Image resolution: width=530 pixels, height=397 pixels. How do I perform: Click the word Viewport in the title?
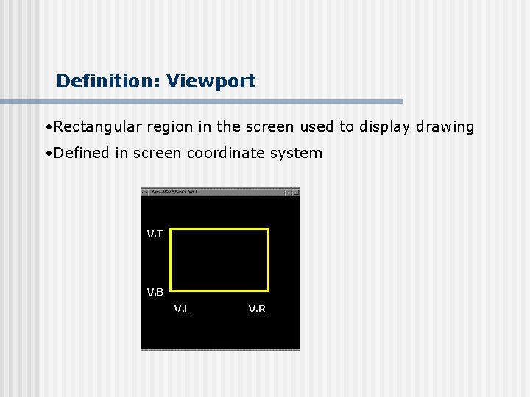click(x=211, y=81)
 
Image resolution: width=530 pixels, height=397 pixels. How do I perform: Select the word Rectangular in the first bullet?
click(x=98, y=126)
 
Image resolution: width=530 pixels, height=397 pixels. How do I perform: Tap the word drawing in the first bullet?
click(x=445, y=126)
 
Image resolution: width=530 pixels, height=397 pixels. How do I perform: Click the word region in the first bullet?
click(x=170, y=126)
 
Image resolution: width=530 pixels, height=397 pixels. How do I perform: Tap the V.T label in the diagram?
click(x=155, y=234)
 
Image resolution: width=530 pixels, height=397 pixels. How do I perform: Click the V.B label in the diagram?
click(x=155, y=292)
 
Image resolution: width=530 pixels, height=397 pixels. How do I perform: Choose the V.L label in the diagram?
click(x=182, y=309)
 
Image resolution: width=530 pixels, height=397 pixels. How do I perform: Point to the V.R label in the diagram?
click(x=257, y=309)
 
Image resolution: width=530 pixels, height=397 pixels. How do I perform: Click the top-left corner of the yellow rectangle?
click(x=171, y=229)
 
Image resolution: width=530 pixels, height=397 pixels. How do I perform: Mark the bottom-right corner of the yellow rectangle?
click(x=268, y=290)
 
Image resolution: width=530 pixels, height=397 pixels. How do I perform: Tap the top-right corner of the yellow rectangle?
click(x=268, y=229)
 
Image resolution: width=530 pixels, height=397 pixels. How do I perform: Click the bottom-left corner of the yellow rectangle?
click(x=171, y=290)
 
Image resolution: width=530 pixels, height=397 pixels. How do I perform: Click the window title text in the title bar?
click(x=174, y=192)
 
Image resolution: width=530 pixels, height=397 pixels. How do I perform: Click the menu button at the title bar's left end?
click(x=146, y=192)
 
